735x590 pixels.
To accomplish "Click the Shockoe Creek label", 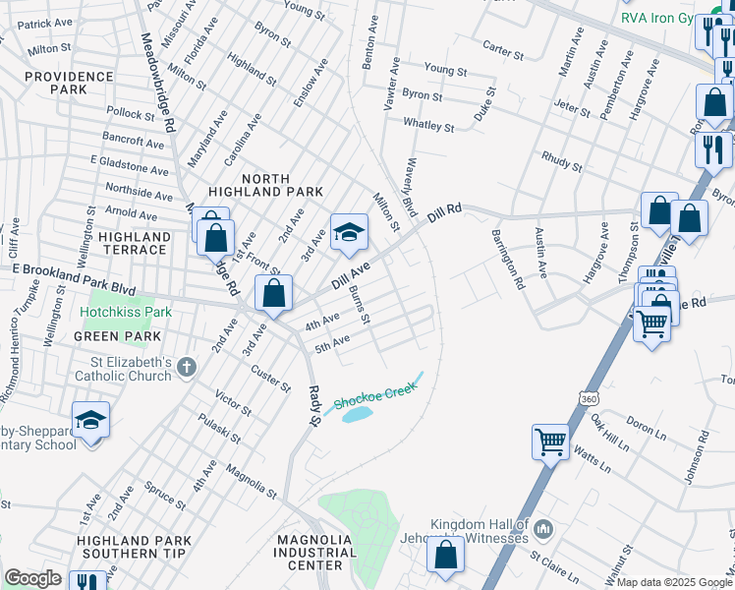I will (375, 395).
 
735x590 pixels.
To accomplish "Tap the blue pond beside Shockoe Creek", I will (357, 414).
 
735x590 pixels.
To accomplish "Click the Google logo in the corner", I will (32, 578).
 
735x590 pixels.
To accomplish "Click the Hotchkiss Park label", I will (126, 313).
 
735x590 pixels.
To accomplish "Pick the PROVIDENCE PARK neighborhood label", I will (69, 84).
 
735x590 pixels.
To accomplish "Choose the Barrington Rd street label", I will (505, 260).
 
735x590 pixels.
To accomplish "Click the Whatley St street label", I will (428, 125).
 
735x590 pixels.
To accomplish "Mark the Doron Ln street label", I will (646, 427).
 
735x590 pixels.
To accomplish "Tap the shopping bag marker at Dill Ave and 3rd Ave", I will (274, 293).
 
